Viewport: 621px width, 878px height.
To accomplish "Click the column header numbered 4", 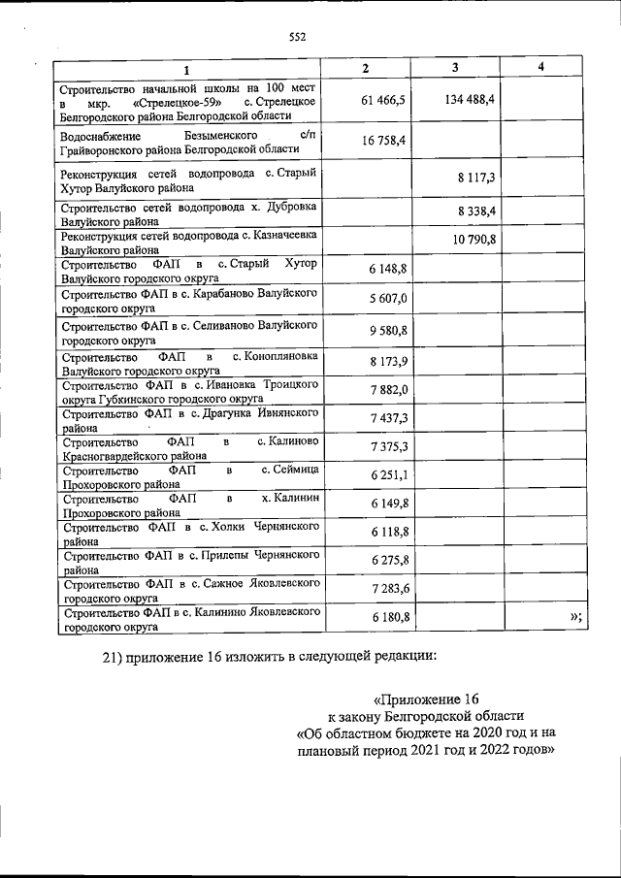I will point(540,67).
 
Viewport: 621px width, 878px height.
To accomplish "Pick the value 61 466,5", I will point(381,100).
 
